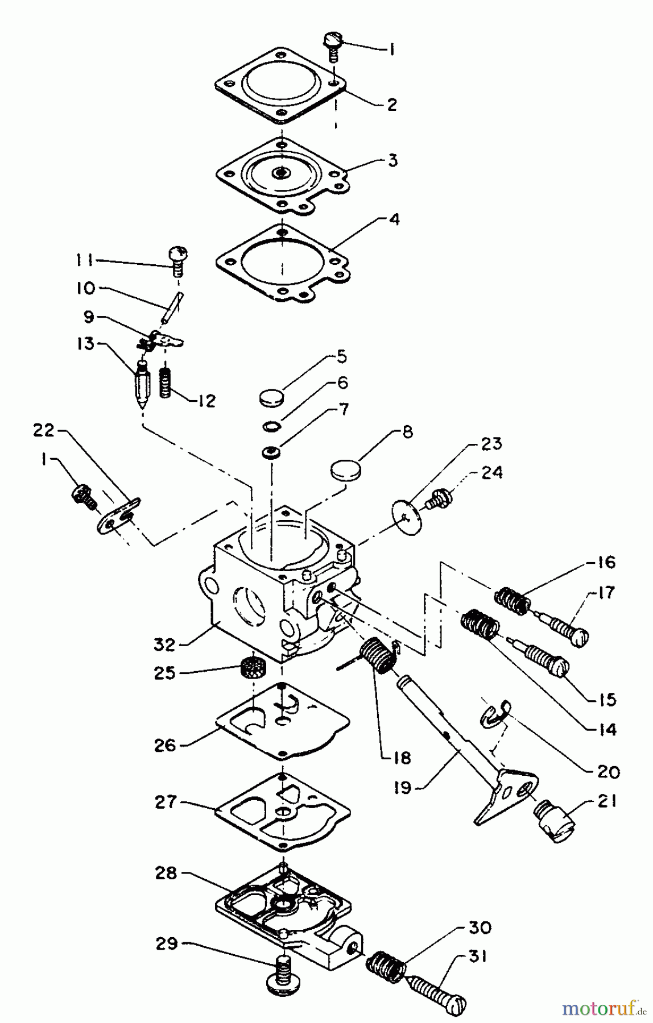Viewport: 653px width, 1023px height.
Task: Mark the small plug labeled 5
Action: [271, 396]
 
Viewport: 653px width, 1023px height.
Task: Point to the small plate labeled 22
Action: [118, 515]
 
